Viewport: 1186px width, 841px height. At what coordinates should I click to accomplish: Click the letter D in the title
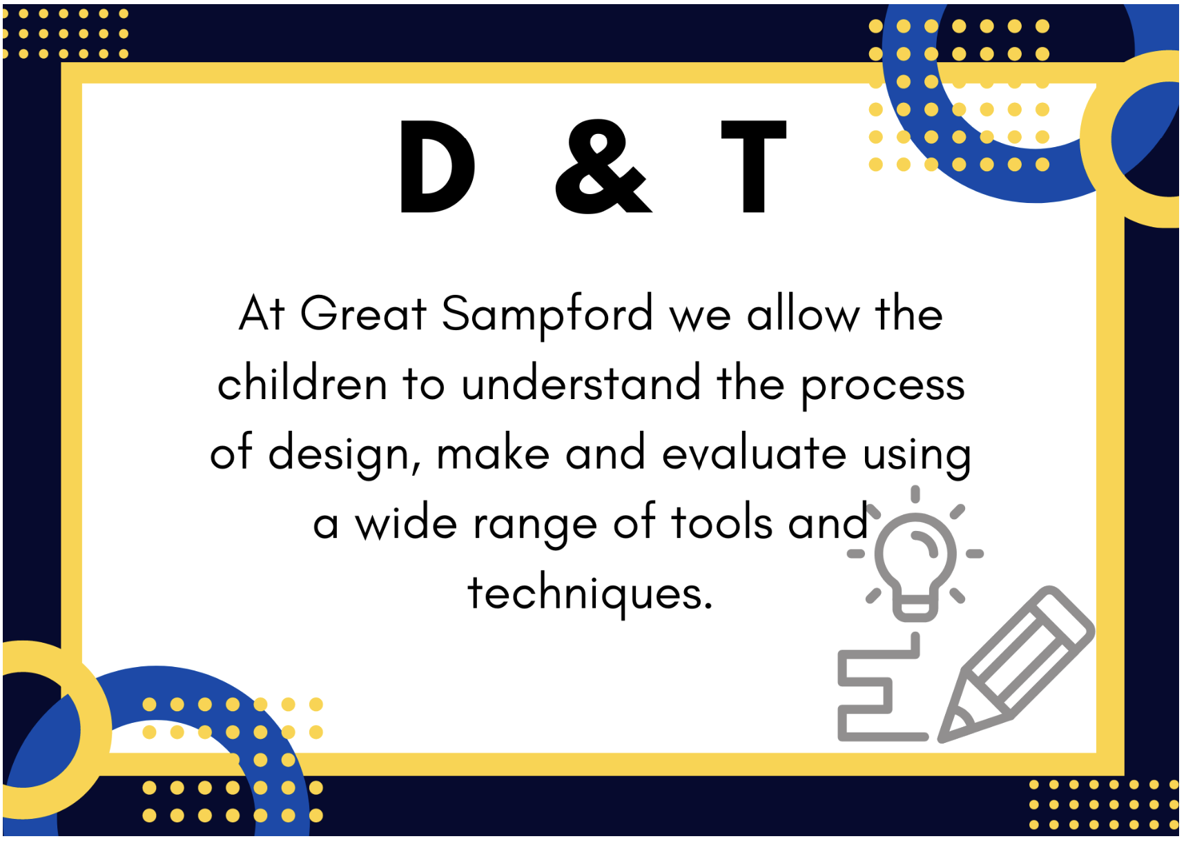pyautogui.click(x=436, y=166)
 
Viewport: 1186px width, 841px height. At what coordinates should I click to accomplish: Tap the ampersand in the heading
pyautogui.click(x=603, y=166)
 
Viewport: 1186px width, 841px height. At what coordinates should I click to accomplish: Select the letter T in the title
pyautogui.click(x=753, y=166)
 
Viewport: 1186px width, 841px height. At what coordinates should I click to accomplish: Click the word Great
pyautogui.click(x=364, y=314)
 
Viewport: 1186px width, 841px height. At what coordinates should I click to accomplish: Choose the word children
pyautogui.click(x=302, y=383)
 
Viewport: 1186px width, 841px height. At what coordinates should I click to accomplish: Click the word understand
pyautogui.click(x=581, y=383)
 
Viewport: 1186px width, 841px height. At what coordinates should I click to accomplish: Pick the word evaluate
pyautogui.click(x=754, y=453)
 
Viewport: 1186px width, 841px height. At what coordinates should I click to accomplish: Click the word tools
pyautogui.click(x=722, y=522)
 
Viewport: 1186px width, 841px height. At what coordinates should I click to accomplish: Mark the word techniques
pyautogui.click(x=590, y=594)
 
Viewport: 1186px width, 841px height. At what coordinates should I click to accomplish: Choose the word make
pyautogui.click(x=493, y=453)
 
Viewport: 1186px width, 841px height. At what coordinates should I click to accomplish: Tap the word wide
pyautogui.click(x=406, y=522)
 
